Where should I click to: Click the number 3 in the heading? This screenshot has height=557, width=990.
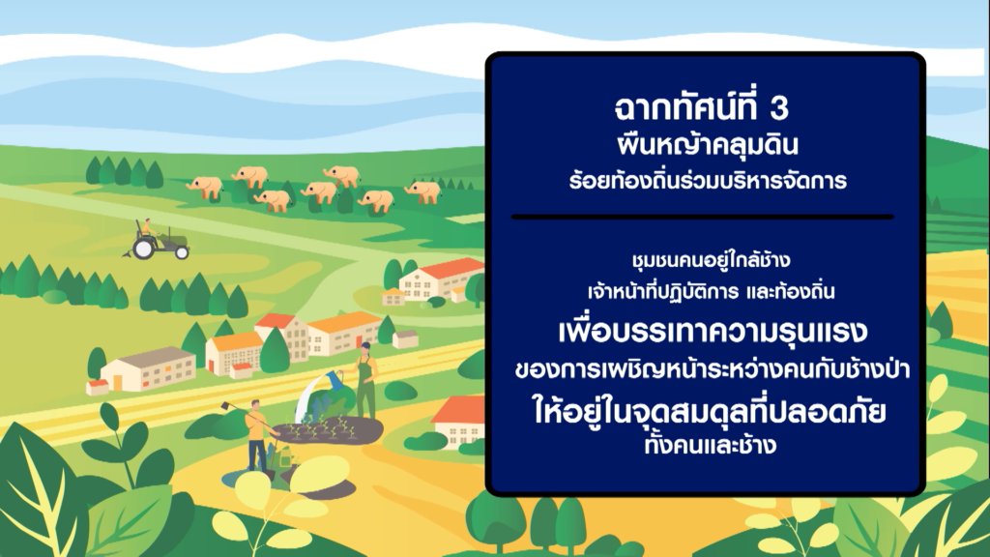pos(779,108)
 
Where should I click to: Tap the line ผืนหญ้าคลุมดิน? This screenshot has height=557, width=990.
pos(707,145)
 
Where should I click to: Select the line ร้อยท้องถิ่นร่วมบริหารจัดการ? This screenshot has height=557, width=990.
pos(707,181)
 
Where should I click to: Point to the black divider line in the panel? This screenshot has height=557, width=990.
pos(702,217)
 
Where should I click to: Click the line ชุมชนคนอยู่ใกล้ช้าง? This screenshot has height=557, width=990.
pos(711,259)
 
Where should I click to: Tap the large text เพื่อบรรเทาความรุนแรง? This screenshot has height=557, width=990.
pos(713,331)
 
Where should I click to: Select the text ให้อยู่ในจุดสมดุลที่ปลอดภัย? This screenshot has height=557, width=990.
pos(710,410)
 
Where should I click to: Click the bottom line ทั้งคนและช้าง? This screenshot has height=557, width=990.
pos(711,444)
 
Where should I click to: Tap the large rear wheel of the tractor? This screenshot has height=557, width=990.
pos(143,249)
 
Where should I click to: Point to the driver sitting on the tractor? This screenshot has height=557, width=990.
pos(149,228)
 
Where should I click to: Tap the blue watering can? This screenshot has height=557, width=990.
pos(333,379)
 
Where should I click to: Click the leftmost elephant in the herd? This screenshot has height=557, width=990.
pos(205,188)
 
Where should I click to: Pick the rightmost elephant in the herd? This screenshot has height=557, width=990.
pos(423,191)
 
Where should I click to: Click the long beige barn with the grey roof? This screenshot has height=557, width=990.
pos(148,369)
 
